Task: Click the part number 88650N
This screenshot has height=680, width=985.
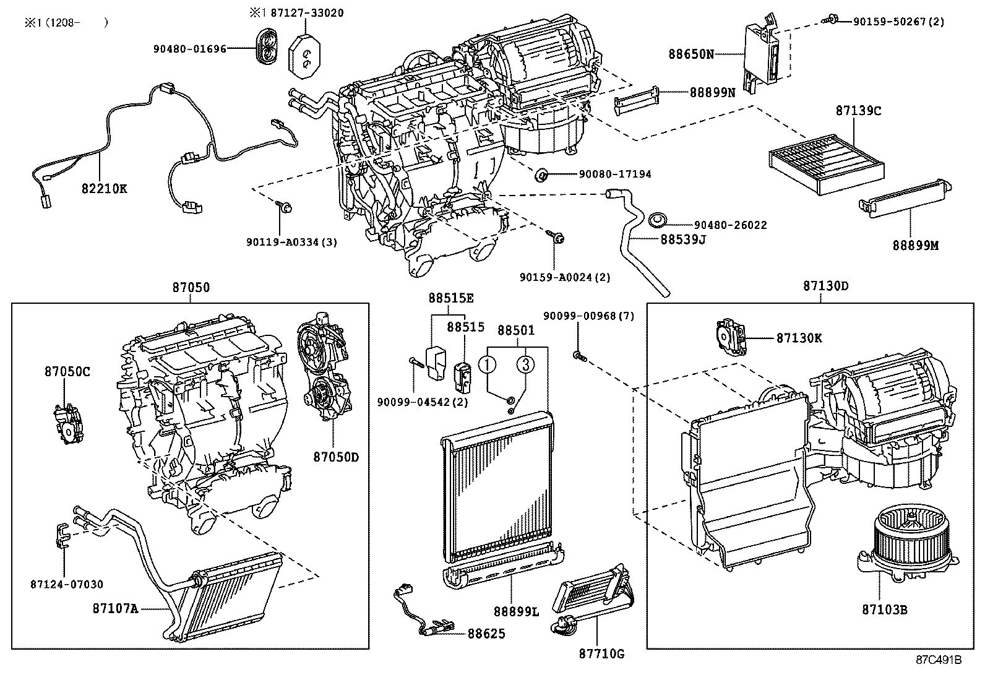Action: (691, 54)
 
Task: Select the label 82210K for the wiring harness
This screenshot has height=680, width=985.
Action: (104, 189)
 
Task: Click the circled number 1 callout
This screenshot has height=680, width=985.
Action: (487, 364)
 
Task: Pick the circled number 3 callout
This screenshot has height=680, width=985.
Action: (525, 364)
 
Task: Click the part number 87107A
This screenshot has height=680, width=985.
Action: (115, 608)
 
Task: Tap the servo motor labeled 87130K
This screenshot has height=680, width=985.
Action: (731, 337)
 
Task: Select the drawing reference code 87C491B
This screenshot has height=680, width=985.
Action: (939, 660)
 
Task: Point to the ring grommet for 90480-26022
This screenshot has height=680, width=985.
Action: (658, 219)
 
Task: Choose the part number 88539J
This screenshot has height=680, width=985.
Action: (683, 239)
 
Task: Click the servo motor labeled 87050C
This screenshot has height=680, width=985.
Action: (68, 425)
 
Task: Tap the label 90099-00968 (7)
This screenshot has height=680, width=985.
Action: (589, 316)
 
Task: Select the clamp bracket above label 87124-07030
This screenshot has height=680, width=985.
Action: (63, 536)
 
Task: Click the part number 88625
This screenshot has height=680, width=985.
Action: (486, 634)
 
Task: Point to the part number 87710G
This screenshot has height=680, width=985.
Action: (601, 654)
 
